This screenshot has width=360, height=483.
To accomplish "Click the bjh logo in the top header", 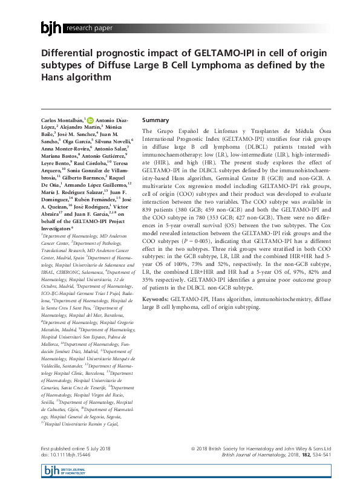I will point(51,27).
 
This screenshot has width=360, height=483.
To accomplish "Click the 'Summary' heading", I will point(155,120).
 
